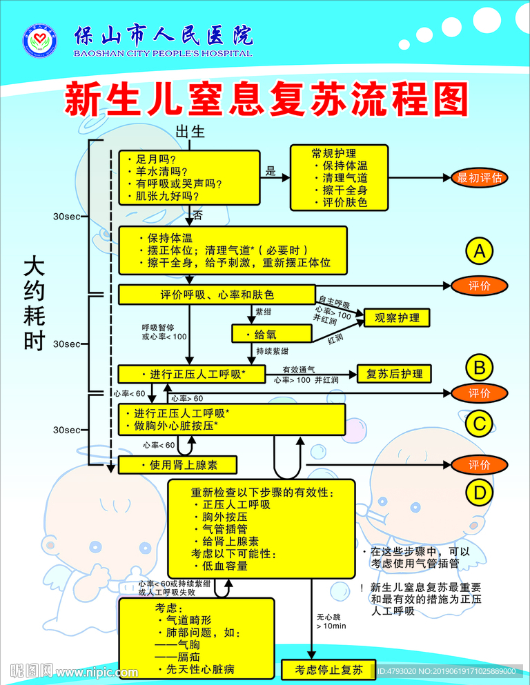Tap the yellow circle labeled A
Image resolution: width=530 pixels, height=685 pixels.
[479, 252]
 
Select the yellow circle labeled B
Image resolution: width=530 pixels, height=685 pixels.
[479, 367]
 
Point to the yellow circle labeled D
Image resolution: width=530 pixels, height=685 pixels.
[479, 491]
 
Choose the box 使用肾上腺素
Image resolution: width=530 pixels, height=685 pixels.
[178, 465]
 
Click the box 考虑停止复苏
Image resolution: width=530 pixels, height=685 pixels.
[328, 669]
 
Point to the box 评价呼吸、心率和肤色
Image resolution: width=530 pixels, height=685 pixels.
[217, 295]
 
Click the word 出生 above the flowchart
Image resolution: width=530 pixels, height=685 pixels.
[190, 132]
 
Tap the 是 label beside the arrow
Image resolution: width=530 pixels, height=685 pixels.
[271, 171]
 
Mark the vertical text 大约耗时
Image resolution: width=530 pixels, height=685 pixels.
[34, 304]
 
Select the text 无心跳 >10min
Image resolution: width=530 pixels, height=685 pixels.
[326, 621]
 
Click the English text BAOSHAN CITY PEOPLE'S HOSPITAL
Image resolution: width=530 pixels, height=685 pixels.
[163, 53]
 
